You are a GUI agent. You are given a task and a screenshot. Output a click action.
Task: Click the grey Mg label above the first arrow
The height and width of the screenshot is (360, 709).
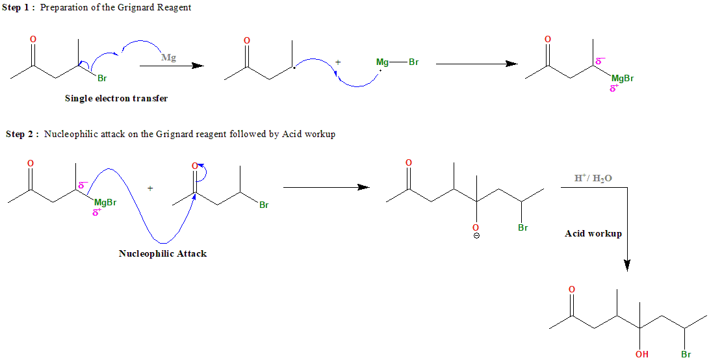point(168,57)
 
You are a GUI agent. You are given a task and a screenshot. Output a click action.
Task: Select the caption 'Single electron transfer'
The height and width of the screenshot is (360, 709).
point(116,99)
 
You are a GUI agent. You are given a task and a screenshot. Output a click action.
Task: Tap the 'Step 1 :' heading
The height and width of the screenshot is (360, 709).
point(19,7)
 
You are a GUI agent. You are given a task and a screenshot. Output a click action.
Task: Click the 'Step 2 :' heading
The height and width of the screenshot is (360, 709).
point(23,135)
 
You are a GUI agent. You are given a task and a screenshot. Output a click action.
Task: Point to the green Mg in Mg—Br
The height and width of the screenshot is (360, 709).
point(383,62)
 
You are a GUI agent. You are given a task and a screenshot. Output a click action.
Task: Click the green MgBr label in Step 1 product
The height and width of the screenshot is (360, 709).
point(623,79)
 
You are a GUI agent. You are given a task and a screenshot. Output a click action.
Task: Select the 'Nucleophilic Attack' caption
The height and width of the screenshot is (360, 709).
point(162,253)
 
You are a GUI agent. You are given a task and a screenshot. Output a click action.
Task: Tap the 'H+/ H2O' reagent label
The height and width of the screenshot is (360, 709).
point(593,177)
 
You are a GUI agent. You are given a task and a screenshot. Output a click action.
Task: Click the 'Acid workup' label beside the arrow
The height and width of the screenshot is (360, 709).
point(593,233)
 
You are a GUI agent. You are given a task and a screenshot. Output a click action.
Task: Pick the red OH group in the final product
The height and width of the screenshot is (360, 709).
point(641,354)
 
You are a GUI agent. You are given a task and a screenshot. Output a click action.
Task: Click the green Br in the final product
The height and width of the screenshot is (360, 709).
point(686,354)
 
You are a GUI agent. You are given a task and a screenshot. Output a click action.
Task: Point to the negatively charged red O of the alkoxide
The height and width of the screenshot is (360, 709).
point(476,228)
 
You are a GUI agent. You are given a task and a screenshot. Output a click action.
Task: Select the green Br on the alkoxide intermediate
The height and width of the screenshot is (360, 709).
point(523,228)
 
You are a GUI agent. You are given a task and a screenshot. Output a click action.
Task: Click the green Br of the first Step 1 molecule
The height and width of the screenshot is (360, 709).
point(102,79)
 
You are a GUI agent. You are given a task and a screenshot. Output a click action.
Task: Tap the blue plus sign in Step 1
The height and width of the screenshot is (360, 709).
point(338,62)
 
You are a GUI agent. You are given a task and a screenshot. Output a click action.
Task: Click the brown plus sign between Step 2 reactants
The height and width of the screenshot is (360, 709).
point(150,188)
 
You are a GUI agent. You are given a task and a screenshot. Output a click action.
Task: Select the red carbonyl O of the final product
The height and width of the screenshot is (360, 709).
point(572,289)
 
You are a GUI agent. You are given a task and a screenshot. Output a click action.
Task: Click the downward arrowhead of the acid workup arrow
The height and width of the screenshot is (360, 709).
point(626,266)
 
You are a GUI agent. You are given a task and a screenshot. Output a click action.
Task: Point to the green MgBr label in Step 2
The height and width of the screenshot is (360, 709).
point(105,203)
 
